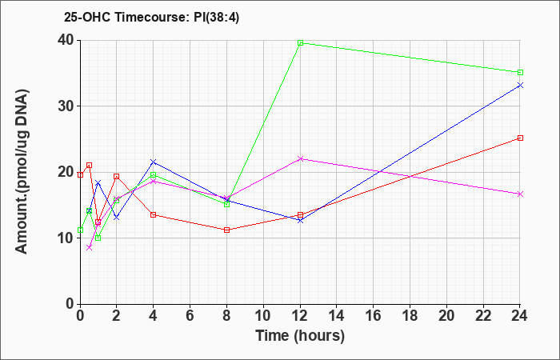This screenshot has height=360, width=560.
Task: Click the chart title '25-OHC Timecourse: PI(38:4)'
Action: coord(152,17)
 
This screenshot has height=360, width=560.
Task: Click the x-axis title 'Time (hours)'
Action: coord(300,336)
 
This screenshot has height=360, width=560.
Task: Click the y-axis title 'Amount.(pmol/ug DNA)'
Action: coord(22,172)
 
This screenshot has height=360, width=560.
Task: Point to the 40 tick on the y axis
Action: coord(66,40)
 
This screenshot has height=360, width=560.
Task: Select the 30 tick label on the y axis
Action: coord(66,106)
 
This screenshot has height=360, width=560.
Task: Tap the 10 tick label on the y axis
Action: coord(66,238)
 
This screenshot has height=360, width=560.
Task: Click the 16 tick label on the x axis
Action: coord(374,316)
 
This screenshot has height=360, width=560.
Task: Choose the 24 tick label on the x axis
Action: coord(520,316)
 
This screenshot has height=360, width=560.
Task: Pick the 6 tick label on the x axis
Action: coord(190,316)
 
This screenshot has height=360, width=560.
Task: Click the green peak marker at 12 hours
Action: coord(300,43)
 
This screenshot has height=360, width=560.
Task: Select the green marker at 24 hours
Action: coord(520,73)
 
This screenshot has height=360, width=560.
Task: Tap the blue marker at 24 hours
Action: coord(520,85)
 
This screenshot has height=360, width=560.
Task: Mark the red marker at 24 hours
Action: coord(520,138)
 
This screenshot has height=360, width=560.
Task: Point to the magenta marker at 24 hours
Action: coord(520,194)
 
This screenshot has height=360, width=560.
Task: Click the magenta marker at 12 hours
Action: coord(300,158)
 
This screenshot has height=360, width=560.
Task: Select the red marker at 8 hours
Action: coord(226,230)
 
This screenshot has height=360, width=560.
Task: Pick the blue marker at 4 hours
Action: coord(154,162)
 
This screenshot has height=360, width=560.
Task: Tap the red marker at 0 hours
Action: coord(80,174)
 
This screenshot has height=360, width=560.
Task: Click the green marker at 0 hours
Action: coord(80,230)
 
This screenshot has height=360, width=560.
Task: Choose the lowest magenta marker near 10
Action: coord(90,247)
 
